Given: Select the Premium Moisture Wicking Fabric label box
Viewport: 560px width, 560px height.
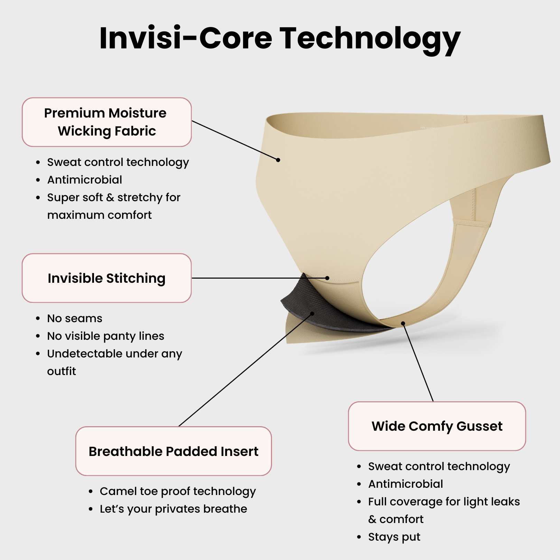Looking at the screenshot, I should pos(106,122).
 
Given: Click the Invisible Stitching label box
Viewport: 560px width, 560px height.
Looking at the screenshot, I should pos(106,278).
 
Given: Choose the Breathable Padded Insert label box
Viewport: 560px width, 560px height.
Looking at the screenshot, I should pos(174,451).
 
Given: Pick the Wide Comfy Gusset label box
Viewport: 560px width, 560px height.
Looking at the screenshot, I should pos(437,426).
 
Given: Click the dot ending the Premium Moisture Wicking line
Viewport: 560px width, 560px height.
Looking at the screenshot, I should pos(278,160).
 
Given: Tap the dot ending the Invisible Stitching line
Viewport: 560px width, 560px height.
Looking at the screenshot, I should pos(327,278).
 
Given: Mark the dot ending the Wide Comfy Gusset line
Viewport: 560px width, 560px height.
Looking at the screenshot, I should pos(403,324).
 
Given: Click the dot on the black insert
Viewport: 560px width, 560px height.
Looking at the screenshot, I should pos(312,314).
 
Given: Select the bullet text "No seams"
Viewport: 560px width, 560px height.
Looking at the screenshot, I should pos(75,318).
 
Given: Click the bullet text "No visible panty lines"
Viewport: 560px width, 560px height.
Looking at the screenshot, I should pos(105,336).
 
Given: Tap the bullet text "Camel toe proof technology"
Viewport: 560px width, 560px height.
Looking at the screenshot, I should pos(178,491).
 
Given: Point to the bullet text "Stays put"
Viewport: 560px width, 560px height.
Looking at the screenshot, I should pos(394,537).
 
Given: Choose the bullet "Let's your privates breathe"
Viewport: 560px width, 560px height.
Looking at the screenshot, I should pos(173,509).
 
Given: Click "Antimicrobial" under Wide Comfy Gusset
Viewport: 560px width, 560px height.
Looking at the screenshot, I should pos(405,484).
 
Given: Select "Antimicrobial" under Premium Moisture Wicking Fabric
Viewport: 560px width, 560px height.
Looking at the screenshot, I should pos(85,180).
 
